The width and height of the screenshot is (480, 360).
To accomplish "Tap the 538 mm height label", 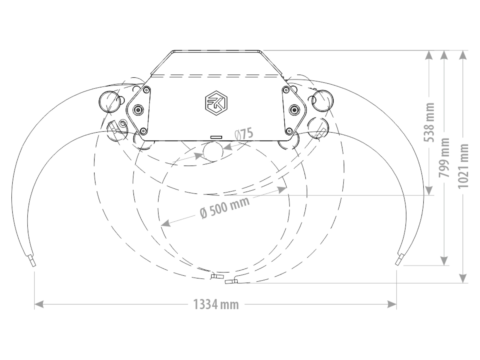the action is [429, 122].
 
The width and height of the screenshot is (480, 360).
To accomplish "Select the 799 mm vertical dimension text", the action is [444, 157].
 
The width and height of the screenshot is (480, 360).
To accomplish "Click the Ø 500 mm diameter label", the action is [225, 207].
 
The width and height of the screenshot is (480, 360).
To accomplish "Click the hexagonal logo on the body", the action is [216, 103].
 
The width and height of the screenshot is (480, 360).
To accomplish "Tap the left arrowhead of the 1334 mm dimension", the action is [39, 304].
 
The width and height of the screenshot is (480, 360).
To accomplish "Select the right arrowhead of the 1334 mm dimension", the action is [392, 304].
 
